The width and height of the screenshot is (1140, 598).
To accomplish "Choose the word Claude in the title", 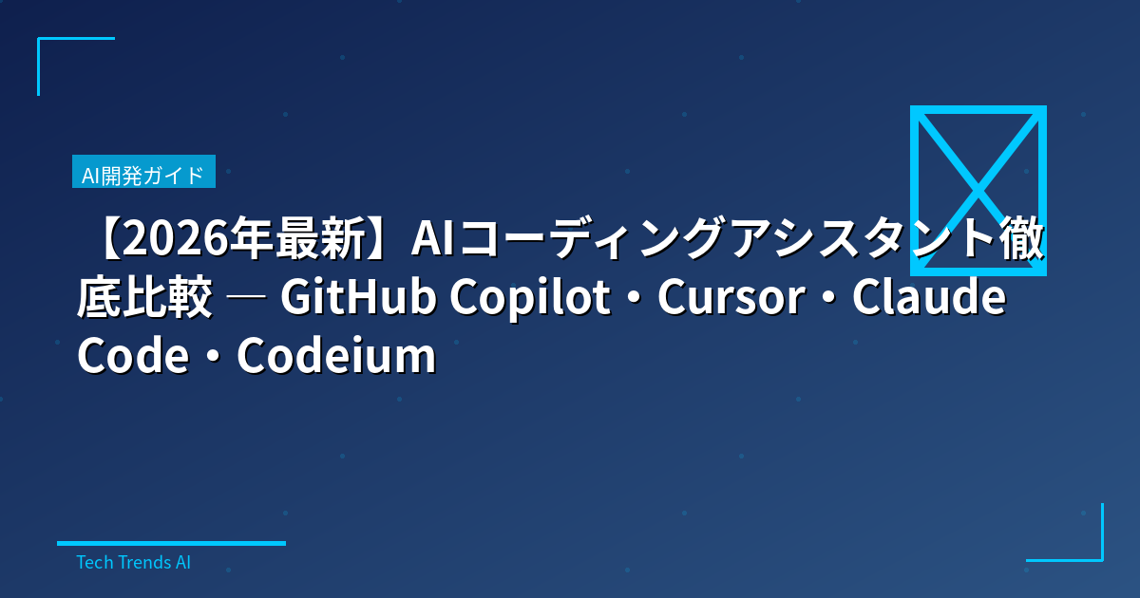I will pyautogui.click(x=929, y=299).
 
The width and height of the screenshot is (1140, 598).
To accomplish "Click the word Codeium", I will pyautogui.click(x=336, y=356).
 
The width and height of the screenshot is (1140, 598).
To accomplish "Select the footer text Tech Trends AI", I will pyautogui.click(x=133, y=562).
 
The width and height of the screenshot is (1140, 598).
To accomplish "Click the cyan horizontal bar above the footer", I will pyautogui.click(x=171, y=543).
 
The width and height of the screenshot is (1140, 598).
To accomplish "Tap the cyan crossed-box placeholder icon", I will pyautogui.click(x=978, y=190).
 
